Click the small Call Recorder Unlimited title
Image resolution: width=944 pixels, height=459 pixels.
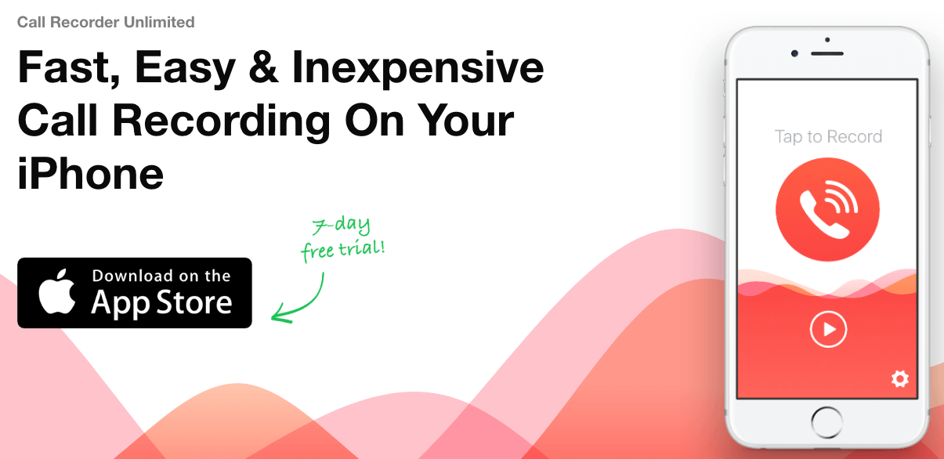point(106,22)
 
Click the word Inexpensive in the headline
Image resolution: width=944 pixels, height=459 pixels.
point(418,68)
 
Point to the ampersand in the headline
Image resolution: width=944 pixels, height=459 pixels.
point(263,68)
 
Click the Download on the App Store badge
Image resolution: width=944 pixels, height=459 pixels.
point(135,292)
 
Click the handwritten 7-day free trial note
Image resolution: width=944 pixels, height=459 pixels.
point(343,240)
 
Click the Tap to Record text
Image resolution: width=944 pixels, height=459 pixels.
point(828,137)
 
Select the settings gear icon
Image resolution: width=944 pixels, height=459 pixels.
point(900,380)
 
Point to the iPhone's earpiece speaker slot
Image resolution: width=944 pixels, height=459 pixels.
point(827,53)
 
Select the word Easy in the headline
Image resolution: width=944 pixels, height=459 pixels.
point(185,68)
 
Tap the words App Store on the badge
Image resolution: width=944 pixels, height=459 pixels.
point(161,304)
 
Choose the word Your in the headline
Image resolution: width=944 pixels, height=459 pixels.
point(464,121)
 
